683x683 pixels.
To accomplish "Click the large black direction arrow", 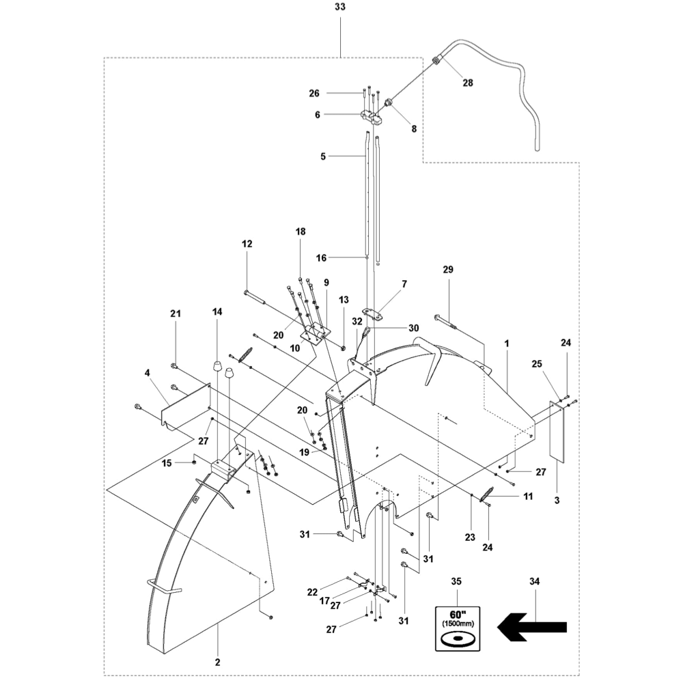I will (533, 625).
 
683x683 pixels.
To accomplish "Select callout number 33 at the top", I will (339, 8).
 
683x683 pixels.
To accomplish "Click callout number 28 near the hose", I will (468, 83).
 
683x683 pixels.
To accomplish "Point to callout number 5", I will (323, 156).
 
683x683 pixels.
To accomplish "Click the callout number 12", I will (247, 244).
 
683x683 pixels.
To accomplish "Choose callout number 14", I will (217, 312).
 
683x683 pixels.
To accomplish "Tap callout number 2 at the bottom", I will (218, 662).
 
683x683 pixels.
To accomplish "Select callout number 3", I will (557, 501).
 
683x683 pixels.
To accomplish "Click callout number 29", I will (448, 271).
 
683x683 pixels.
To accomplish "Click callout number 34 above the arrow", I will (534, 581).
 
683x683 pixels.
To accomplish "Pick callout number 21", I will (175, 313).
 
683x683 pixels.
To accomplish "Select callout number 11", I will (527, 497).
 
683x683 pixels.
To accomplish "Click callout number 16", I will (322, 257).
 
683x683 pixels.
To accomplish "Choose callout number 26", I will (313, 93).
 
